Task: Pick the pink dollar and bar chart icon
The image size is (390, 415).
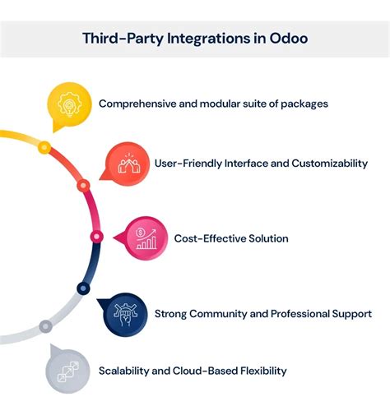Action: [146, 238]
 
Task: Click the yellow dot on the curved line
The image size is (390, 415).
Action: [45, 147]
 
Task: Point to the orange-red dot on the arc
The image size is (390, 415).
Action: [82, 186]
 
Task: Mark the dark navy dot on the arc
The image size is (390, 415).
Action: [83, 288]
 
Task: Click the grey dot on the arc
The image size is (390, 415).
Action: [46, 326]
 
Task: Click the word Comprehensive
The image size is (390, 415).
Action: [137, 104]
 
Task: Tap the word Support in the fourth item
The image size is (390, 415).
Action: [351, 313]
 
